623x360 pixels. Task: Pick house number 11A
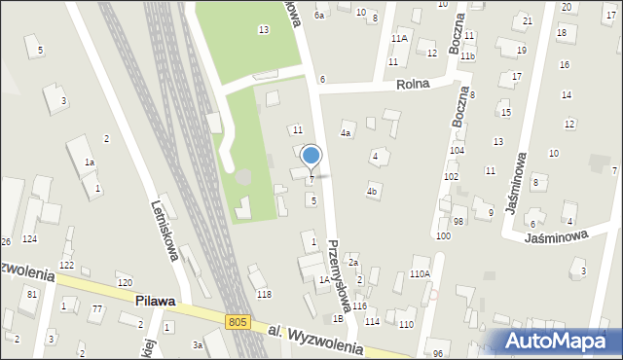click(399, 38)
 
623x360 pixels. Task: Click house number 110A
click(420, 274)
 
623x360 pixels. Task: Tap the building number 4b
click(372, 192)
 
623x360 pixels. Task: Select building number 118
click(263, 294)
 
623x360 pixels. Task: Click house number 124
click(30, 238)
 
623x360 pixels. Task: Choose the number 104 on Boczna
click(457, 151)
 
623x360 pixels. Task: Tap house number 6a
click(318, 16)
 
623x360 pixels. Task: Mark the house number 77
click(96, 309)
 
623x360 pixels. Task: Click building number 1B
click(338, 318)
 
